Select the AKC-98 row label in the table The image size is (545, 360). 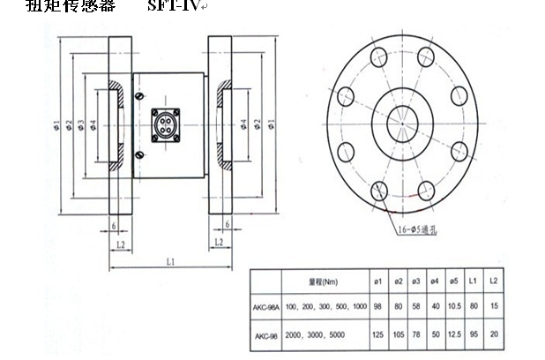(x=268, y=335)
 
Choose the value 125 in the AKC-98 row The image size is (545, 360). (x=377, y=335)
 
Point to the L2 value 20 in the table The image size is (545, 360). (x=494, y=335)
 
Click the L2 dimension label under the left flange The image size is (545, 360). (x=120, y=243)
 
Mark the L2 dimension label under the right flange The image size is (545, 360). (x=218, y=243)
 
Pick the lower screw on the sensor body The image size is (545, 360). (x=139, y=154)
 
